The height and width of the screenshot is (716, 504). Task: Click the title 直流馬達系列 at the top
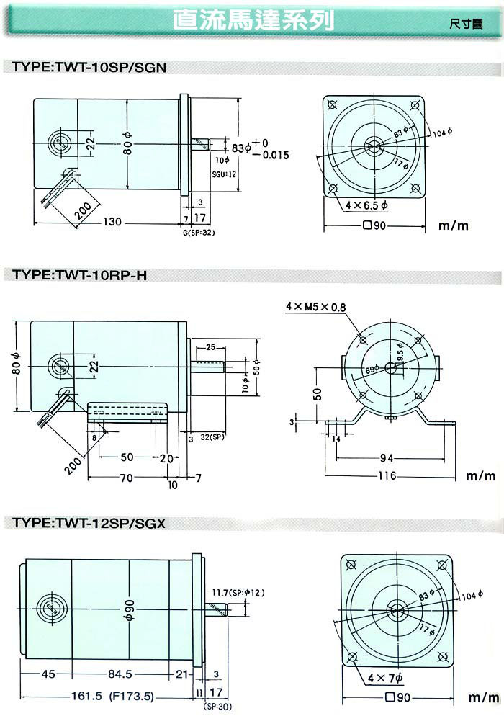click(254, 21)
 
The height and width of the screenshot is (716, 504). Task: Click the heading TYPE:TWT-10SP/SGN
click(86, 68)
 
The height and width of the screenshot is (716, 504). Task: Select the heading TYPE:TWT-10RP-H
click(79, 275)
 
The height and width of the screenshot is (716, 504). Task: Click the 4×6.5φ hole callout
click(366, 206)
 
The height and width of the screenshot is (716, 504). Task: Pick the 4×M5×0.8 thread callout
click(315, 307)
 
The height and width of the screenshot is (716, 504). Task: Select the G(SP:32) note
click(199, 232)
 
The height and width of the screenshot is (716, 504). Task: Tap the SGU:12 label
click(225, 174)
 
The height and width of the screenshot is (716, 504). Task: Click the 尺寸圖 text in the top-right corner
click(466, 22)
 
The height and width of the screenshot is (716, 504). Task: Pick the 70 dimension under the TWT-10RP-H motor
click(126, 477)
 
